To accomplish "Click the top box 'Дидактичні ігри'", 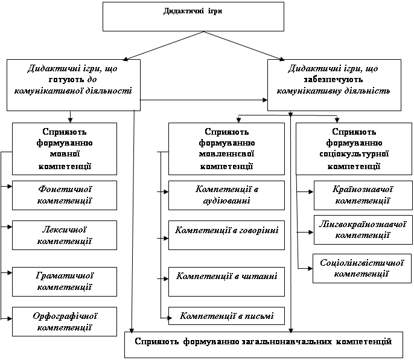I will coord(194,16).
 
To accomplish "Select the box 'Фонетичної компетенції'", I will coord(65,195).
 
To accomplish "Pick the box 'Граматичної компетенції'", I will coord(65,280).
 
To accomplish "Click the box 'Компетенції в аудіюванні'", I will coord(226,195).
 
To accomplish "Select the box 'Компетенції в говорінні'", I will coord(226,230).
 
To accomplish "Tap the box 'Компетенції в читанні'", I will coord(226,277).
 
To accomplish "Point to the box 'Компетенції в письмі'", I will coord(226,316).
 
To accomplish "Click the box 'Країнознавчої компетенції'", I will coord(363,194).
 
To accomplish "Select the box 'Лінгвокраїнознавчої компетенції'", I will coord(363,229).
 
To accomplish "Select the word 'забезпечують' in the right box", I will coord(333,79).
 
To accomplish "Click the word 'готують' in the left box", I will coord(56,79).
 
